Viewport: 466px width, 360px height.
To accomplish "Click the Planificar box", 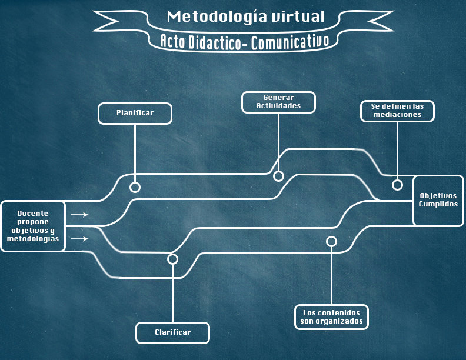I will coord(135,114).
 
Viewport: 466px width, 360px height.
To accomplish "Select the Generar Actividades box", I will coord(278,102).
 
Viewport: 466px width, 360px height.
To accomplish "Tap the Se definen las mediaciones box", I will coord(397,111).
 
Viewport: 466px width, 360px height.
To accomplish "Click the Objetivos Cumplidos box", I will coord(438,200).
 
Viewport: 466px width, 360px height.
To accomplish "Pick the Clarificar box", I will coord(172,332).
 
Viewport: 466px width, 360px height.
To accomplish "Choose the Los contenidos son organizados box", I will coord(331,317).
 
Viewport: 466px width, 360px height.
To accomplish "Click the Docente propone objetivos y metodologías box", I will coord(33,226).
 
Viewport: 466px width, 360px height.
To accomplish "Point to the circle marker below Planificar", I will coord(135,187).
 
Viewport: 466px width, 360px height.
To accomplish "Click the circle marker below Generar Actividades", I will coord(278,176).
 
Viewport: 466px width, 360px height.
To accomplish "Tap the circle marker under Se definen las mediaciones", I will coord(397,185).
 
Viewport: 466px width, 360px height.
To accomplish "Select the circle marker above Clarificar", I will coord(172,259).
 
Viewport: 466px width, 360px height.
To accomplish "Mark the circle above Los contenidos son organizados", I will coord(331,241).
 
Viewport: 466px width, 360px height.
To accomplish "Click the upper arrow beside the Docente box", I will coord(79,215).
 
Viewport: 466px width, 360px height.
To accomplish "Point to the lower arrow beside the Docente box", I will coord(79,239).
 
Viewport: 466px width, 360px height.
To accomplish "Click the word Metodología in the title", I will coord(209,16).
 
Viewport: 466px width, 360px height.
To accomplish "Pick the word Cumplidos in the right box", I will coord(438,204).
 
